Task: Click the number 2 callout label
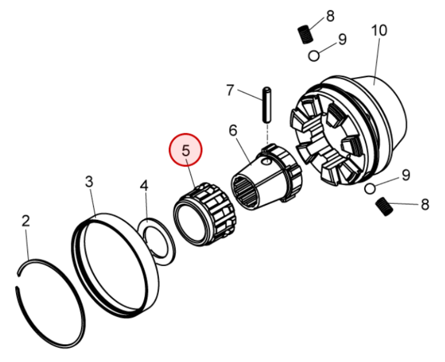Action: click(26, 222)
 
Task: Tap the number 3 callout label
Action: click(89, 182)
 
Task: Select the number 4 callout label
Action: click(144, 186)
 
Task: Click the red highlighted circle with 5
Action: click(186, 150)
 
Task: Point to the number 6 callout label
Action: click(233, 130)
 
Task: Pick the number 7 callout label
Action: click(230, 91)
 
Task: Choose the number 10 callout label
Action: click(379, 30)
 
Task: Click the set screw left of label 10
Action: click(305, 34)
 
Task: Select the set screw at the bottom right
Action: click(386, 207)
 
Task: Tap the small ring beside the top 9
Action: click(315, 56)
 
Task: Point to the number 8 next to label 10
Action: click(330, 15)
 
